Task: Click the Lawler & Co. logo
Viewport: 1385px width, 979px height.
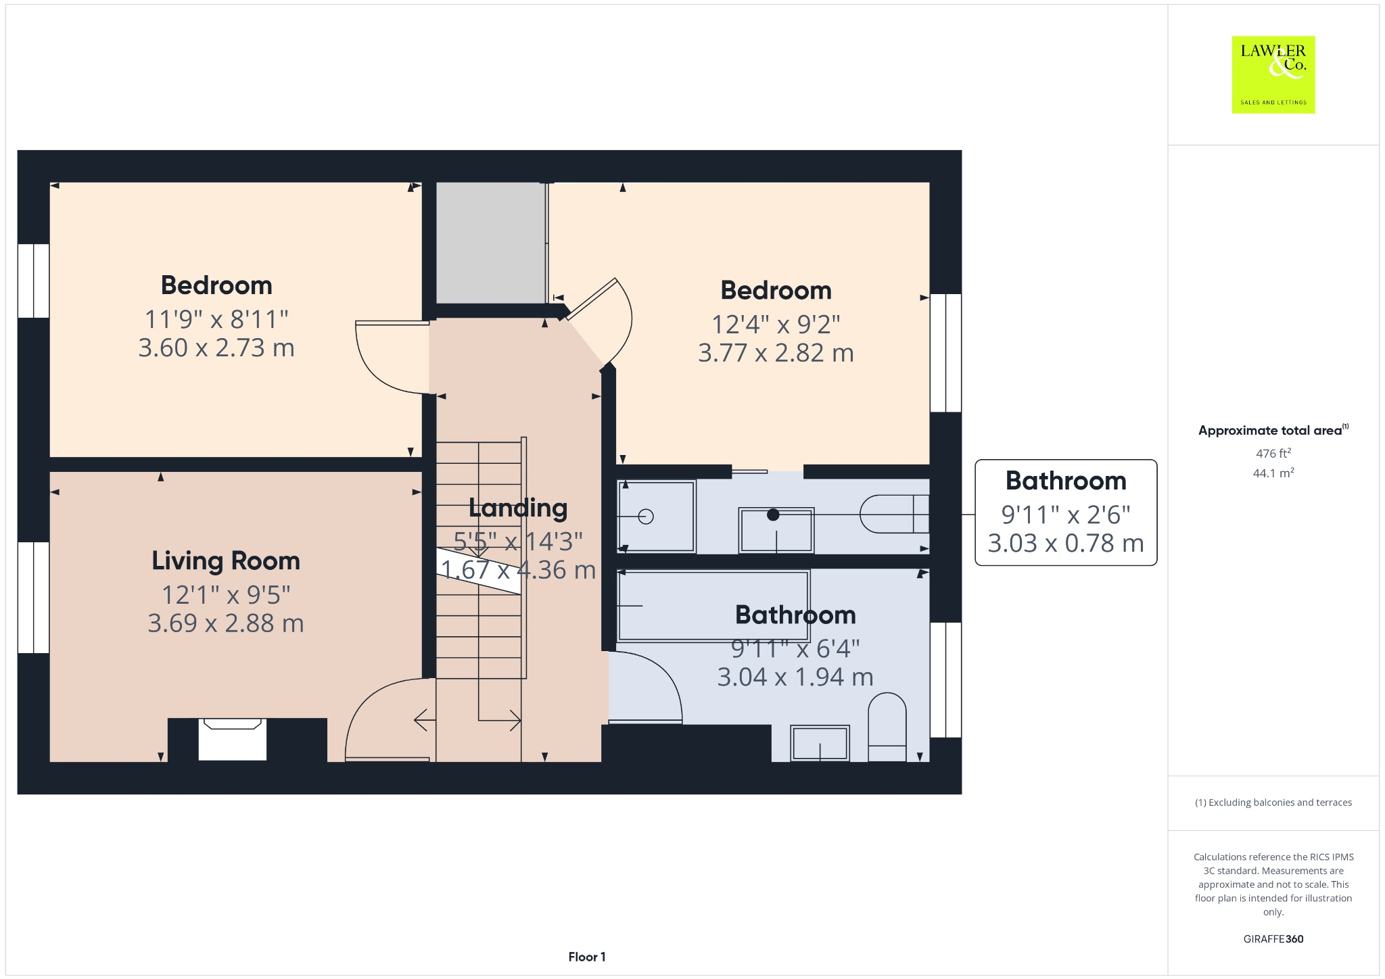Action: point(1273,74)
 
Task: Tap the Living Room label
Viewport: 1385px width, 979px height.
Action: point(225,560)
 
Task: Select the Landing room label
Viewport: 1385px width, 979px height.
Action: point(518,508)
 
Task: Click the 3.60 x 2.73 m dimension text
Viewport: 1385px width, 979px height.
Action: point(216,348)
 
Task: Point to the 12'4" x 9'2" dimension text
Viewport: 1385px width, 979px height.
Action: point(776,325)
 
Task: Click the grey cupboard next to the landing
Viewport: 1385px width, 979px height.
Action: point(490,243)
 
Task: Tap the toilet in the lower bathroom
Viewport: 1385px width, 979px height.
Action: point(887,727)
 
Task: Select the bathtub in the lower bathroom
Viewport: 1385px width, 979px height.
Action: point(713,606)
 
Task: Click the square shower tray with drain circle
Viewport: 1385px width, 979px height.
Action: point(656,517)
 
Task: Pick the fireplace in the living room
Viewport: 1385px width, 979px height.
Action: point(232,739)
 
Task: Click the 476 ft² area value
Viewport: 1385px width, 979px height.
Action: point(1273,454)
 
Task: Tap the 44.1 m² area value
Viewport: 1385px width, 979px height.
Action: point(1273,473)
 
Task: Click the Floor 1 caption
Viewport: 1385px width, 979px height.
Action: point(586,957)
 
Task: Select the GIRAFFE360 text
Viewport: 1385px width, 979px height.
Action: point(1273,938)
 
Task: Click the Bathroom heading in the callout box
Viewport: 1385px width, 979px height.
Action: point(1066,481)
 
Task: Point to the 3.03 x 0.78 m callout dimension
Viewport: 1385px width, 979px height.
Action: point(1066,543)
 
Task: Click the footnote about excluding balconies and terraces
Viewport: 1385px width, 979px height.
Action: point(1273,803)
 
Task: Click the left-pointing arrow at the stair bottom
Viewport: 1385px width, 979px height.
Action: point(425,720)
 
